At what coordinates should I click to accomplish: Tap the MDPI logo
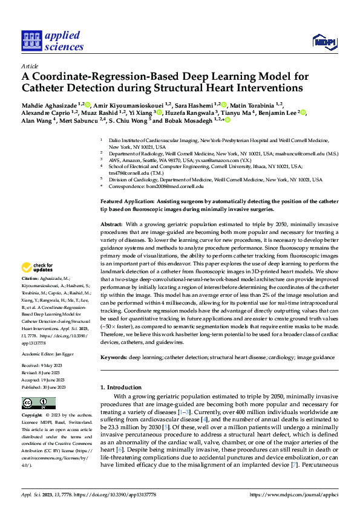pos(324,41)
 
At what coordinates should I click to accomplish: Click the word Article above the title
pos(30,66)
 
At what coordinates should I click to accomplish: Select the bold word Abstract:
pos(113,224)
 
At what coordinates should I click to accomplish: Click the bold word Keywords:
pos(114,358)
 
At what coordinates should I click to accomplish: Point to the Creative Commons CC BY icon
pos(35,403)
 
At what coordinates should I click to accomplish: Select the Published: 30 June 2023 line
pos(44,386)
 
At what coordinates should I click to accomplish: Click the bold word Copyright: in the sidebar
pos(32,415)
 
